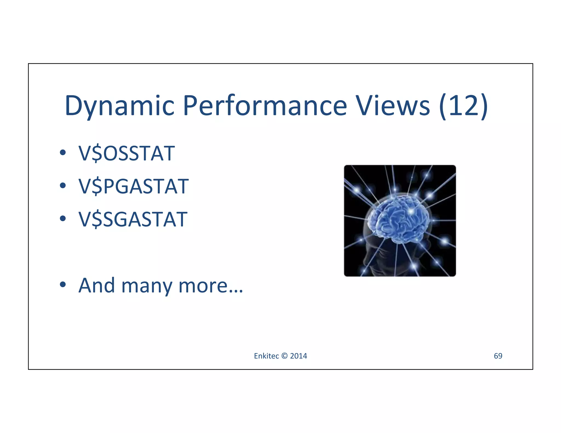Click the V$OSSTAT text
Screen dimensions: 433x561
pyautogui.click(x=127, y=153)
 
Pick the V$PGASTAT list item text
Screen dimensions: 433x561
pyautogui.click(x=133, y=186)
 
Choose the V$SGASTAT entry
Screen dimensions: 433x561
pyautogui.click(x=133, y=219)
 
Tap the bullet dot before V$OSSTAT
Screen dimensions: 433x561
pyautogui.click(x=63, y=153)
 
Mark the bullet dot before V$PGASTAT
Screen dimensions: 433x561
pyautogui.click(x=63, y=186)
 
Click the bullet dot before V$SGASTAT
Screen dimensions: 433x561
pyautogui.click(x=63, y=218)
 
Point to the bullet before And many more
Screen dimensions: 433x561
pyautogui.click(x=63, y=285)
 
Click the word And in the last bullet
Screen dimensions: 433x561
pyautogui.click(x=96, y=285)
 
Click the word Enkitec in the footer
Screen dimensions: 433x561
pyautogui.click(x=266, y=356)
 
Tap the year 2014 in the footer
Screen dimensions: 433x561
pyautogui.click(x=299, y=356)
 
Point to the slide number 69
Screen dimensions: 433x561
pyautogui.click(x=498, y=356)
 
